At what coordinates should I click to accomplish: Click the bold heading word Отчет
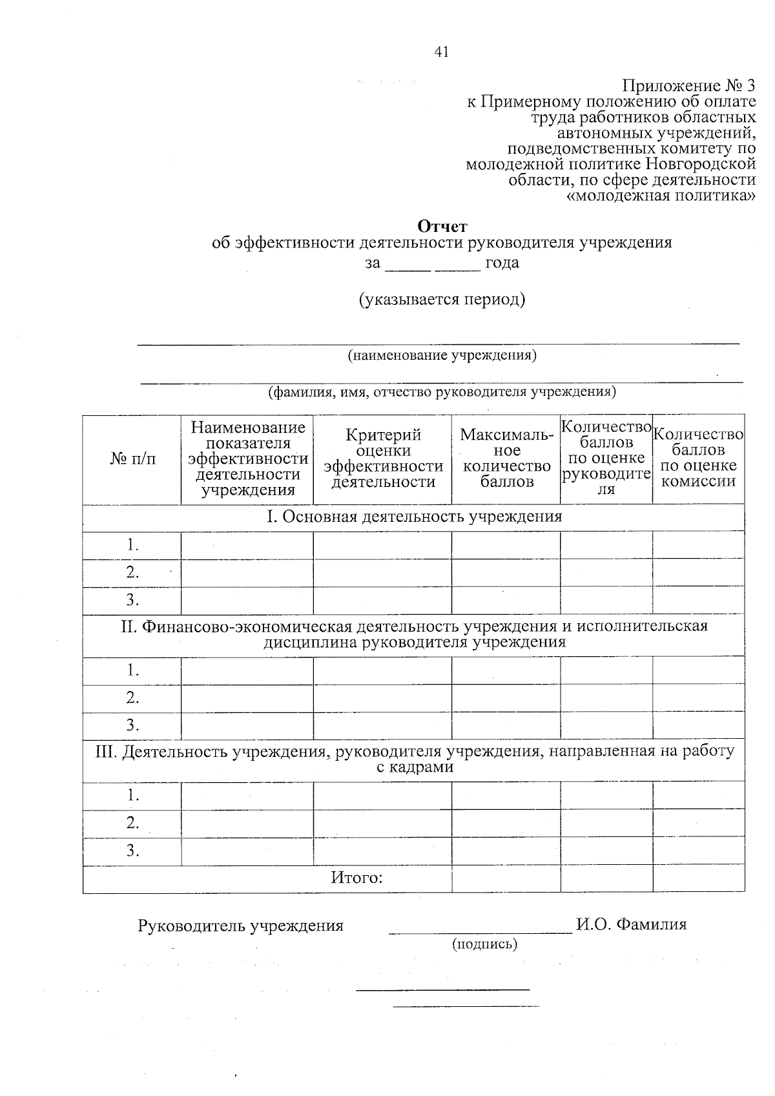pos(442,226)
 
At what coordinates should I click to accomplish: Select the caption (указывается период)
pos(442,300)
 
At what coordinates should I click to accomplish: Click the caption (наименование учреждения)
pos(442,355)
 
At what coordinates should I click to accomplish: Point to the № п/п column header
pos(132,459)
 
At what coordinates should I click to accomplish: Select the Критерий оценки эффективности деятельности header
pos(383,459)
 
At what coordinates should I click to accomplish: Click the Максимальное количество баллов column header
pos(506,459)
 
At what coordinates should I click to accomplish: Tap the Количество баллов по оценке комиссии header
pos(698,459)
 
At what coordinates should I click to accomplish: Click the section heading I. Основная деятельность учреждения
pos(415,517)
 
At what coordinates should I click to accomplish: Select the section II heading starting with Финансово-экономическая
pos(415,634)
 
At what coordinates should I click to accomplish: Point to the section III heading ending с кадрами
pos(415,760)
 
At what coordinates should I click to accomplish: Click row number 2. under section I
pos(132,572)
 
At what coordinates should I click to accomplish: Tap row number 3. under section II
pos(132,725)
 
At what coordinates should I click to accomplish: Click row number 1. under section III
pos(132,795)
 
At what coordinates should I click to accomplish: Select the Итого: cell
pos(357,878)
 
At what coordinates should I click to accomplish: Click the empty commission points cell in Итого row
pos(698,879)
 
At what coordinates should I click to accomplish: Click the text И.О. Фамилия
pos(632,925)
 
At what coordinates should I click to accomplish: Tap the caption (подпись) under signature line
pos(484,944)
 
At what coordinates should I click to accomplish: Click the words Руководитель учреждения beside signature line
pos(241,926)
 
